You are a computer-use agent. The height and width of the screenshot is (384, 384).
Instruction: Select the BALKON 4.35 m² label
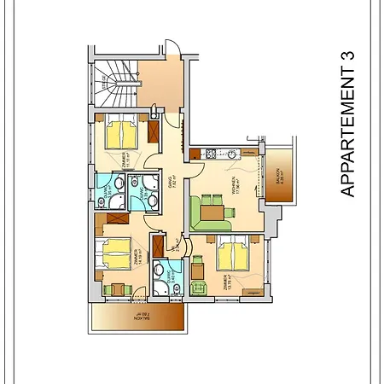[x=279, y=178]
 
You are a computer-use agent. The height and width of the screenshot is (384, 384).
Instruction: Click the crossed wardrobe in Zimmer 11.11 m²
[x=154, y=131]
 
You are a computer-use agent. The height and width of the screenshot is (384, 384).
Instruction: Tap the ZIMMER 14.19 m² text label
[x=136, y=259]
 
